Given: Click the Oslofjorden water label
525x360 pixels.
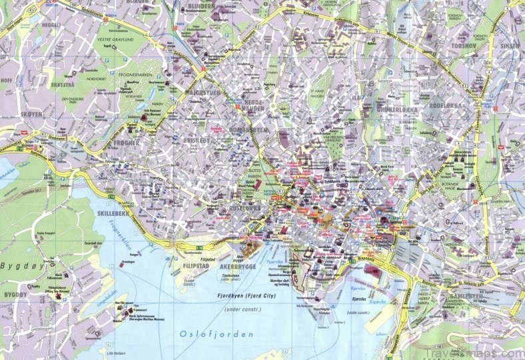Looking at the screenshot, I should tap(212, 333).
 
